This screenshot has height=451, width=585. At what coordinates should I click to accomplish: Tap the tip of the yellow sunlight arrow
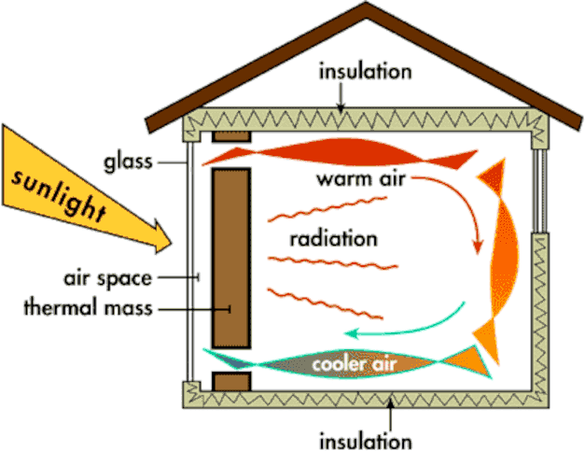170,246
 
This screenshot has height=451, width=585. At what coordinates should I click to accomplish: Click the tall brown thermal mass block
231,257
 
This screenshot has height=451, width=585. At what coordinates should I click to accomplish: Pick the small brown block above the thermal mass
231,137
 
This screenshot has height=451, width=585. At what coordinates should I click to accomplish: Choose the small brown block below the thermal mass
231,382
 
